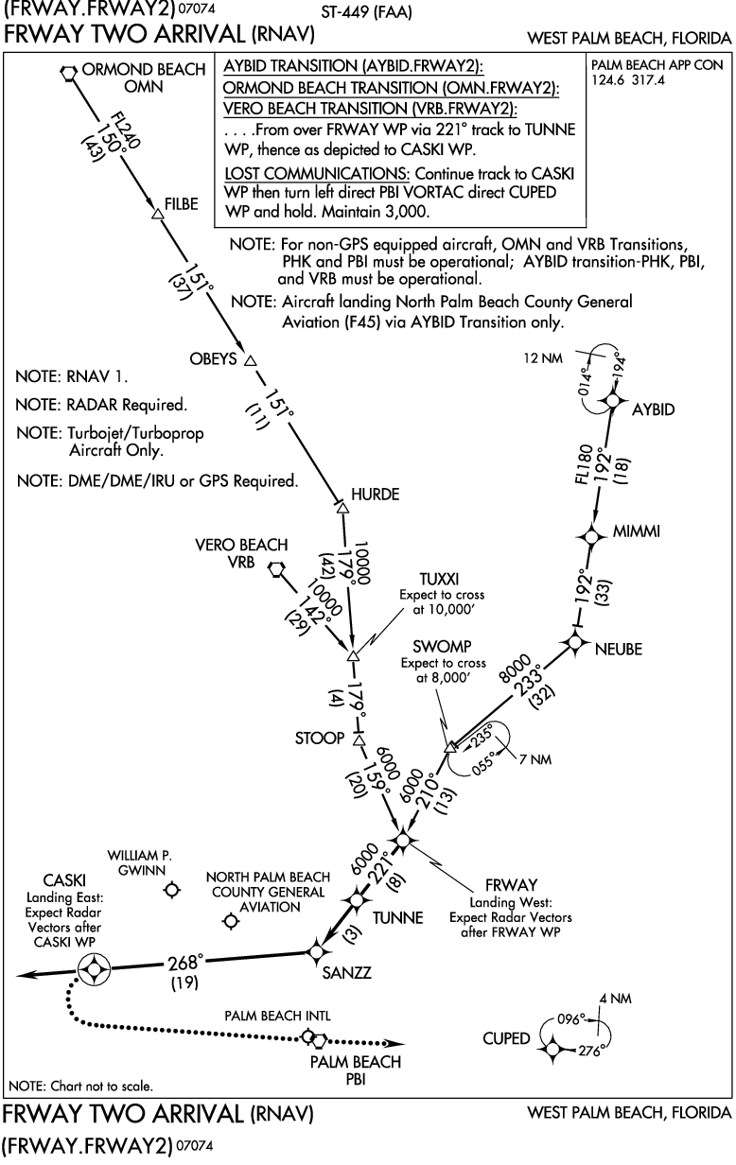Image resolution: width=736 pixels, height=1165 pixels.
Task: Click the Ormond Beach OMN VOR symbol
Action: (x=68, y=72)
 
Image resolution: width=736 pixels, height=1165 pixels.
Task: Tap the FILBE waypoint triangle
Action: (x=158, y=216)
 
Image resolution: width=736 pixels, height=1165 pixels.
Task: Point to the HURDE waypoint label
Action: (x=375, y=494)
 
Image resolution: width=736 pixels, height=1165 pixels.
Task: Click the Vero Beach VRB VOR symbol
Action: (x=277, y=569)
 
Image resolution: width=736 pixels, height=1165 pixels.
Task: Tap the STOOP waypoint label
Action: (x=320, y=738)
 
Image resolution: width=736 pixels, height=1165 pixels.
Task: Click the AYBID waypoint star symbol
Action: (x=612, y=402)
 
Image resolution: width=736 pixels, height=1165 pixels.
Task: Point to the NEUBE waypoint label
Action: (x=619, y=649)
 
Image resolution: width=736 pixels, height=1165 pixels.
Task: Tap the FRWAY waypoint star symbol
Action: (x=404, y=839)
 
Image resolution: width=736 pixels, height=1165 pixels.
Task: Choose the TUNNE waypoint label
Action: (x=397, y=918)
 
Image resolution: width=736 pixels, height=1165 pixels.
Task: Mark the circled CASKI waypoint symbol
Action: (x=94, y=969)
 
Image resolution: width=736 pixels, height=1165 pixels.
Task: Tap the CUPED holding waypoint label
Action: (x=506, y=1038)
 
